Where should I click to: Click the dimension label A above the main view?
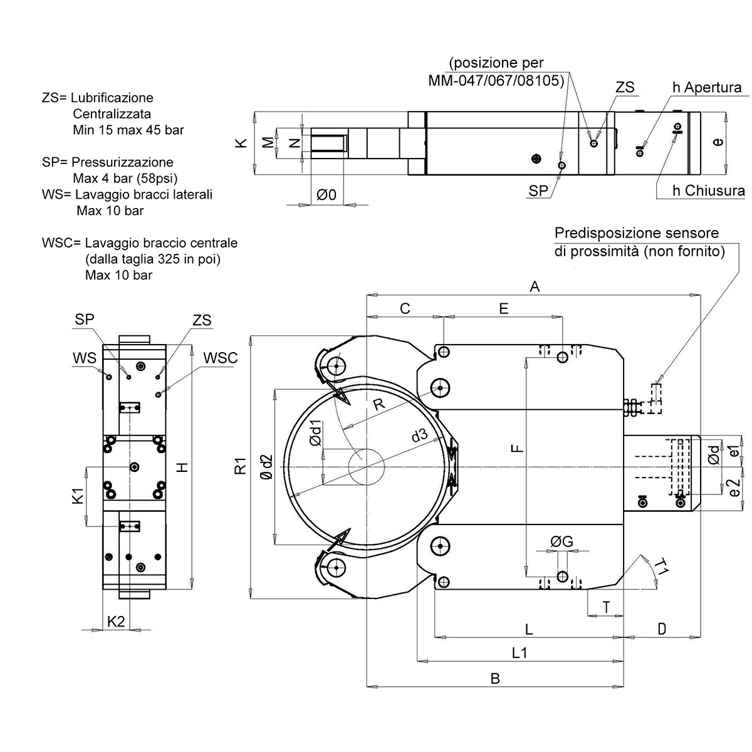(535, 286)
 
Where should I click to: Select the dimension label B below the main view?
(494, 678)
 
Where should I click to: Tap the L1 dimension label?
(520, 652)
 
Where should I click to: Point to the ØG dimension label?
(561, 542)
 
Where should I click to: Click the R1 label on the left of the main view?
(240, 467)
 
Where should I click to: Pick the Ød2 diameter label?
(266, 467)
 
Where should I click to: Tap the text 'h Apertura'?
(706, 87)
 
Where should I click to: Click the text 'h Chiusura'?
(708, 191)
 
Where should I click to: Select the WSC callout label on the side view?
(221, 358)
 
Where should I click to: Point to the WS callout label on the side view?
(85, 358)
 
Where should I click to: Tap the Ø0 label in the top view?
(326, 195)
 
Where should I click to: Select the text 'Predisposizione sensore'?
(637, 233)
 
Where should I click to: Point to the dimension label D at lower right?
(662, 629)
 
